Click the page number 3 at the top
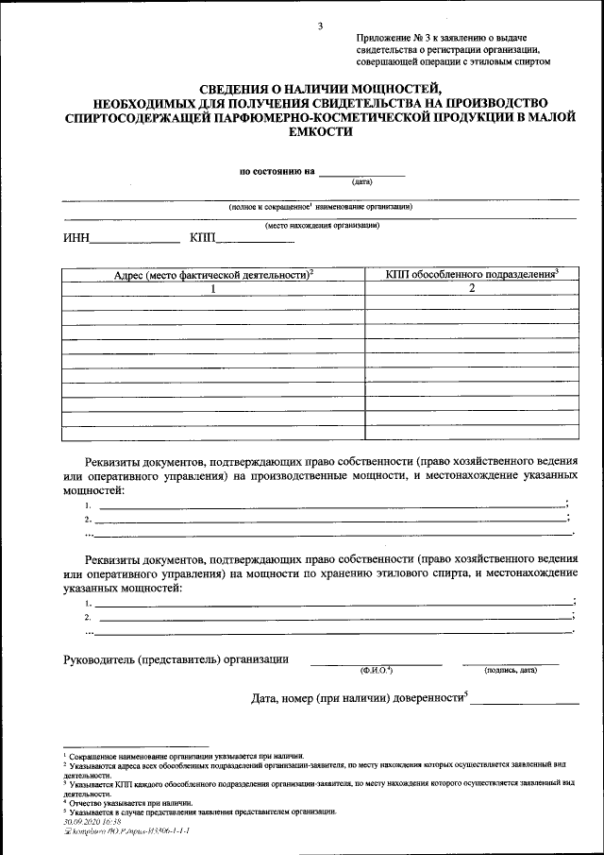pyautogui.click(x=320, y=26)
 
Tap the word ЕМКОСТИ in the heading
pyautogui.click(x=321, y=133)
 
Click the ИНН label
pyautogui.click(x=75, y=237)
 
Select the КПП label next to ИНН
pyautogui.click(x=203, y=237)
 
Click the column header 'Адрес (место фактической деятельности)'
pyautogui.click(x=213, y=274)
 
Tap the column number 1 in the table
pyautogui.click(x=213, y=289)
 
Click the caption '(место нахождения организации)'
pyautogui.click(x=322, y=226)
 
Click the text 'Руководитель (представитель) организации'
pyautogui.click(x=176, y=658)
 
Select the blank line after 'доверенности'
pyautogui.click(x=525, y=701)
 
